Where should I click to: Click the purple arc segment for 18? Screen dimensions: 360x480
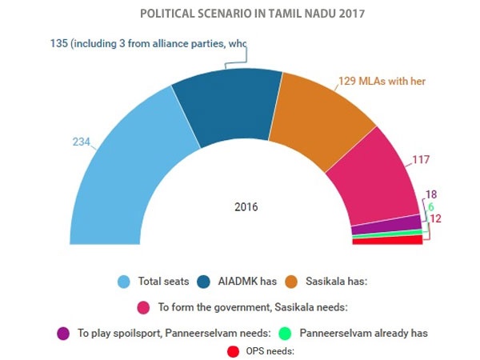tap(386, 225)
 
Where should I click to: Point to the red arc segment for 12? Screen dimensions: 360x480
tap(387, 240)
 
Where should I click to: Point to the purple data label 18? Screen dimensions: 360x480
tap(431, 194)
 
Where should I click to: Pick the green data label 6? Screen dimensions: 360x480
tap(431, 206)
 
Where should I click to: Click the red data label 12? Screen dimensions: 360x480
tap(436, 218)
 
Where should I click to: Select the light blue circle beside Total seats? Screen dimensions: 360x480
tap(124, 282)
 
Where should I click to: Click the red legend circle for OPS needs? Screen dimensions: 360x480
tap(234, 351)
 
